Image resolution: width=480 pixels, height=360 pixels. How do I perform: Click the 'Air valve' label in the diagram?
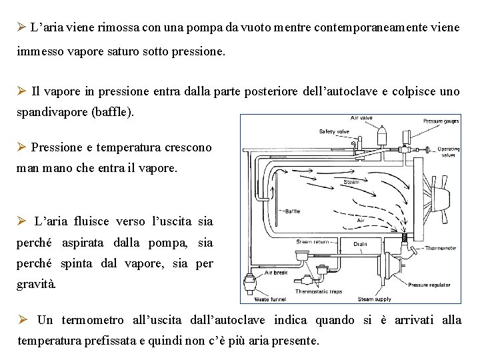pos(361,118)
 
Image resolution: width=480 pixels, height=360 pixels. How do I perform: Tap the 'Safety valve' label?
pos(334,131)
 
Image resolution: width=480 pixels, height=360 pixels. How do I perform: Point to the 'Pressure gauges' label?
pos(441,121)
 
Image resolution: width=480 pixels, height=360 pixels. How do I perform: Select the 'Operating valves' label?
pos(449,152)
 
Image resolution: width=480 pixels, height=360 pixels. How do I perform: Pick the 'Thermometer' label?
pos(441,247)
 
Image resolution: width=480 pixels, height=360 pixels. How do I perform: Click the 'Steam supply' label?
pos(375,299)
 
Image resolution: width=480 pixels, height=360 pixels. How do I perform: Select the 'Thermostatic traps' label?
pos(318,291)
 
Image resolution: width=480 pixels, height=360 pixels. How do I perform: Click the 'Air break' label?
pos(275,272)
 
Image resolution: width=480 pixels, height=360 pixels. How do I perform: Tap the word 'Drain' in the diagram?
pos(360,244)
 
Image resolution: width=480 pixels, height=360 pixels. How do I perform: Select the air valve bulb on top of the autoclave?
pos(383,135)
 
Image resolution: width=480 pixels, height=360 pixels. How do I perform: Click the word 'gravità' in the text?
pos(37,284)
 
